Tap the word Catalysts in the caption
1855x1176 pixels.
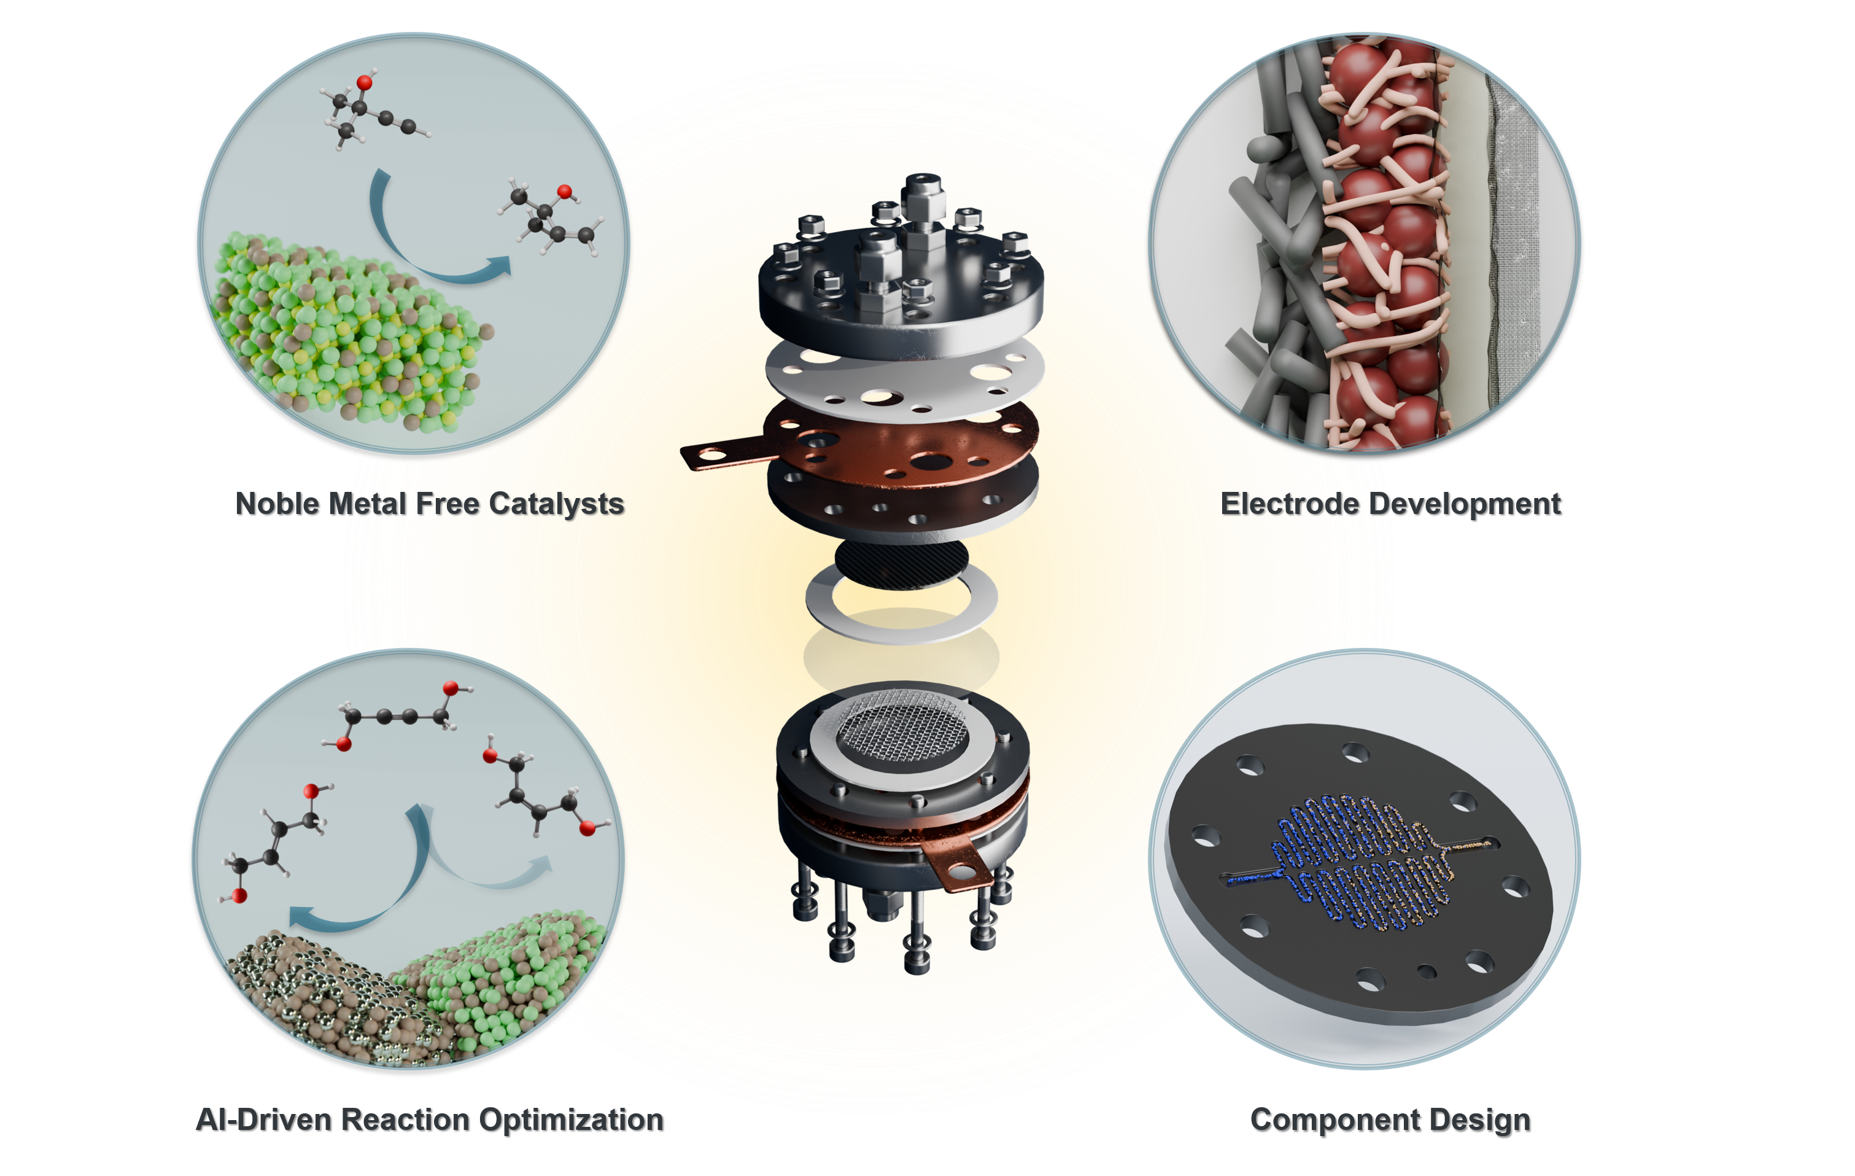(556, 505)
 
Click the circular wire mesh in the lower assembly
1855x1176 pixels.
(901, 728)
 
